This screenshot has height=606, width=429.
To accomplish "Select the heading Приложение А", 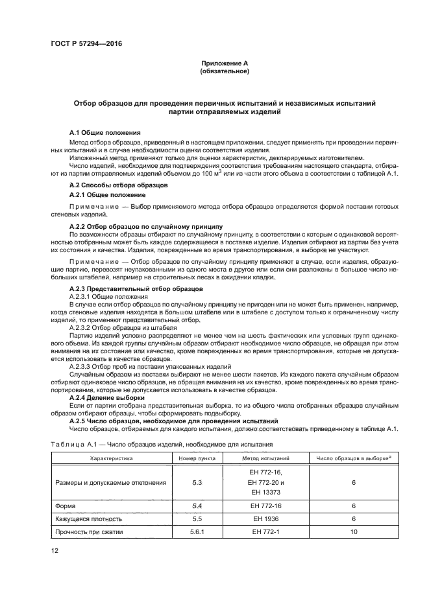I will (225, 64).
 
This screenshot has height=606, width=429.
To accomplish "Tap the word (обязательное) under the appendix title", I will (225, 71).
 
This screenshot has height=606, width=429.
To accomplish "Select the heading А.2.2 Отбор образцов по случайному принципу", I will (146, 225).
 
